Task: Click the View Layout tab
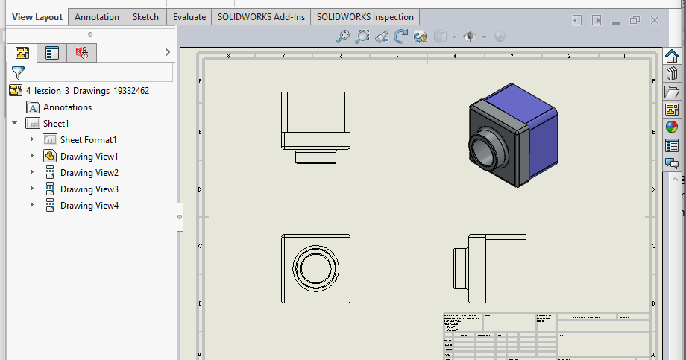click(37, 16)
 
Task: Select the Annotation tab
click(97, 16)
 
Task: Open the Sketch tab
click(145, 16)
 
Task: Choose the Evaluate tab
click(189, 16)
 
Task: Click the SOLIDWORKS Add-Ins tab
click(260, 16)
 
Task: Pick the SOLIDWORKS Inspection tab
click(365, 16)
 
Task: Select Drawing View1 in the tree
click(89, 157)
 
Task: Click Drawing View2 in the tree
click(89, 173)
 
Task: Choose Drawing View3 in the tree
click(89, 189)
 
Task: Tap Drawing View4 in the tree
click(89, 206)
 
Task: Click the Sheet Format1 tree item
click(88, 140)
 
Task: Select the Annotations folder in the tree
click(67, 107)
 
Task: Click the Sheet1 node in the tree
click(56, 124)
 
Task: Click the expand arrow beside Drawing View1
click(32, 157)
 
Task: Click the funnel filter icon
click(19, 72)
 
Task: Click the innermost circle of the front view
click(316, 268)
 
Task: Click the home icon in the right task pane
click(672, 57)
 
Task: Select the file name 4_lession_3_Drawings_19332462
click(87, 91)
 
